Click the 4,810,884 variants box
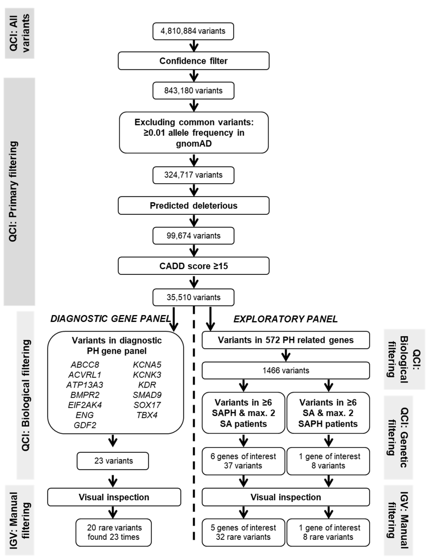pos(193,31)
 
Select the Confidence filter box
pos(194,61)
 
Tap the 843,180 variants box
pos(193,91)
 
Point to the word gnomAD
pos(194,144)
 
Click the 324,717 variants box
pos(193,175)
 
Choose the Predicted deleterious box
pos(194,205)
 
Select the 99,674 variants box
pos(193,236)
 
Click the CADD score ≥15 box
pos(194,266)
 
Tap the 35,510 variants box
pos(193,297)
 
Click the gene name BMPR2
pos(85,395)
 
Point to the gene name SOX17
pos(147,405)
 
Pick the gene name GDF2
pos(85,425)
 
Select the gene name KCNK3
pos(147,375)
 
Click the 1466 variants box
pos(286,371)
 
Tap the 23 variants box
pos(113,461)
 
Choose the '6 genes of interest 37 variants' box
pos(243,461)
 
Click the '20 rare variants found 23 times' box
pos(114,533)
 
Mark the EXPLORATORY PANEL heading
pos(286,319)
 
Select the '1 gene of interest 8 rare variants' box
pos(328,533)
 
